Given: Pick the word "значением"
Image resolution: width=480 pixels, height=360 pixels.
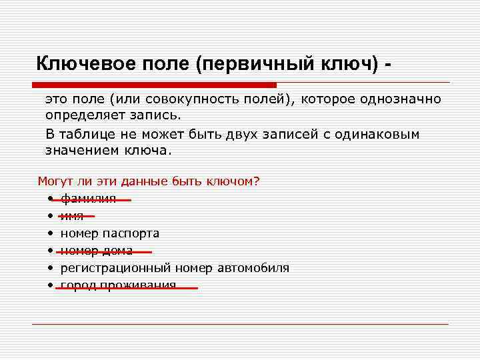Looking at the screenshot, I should [x=81, y=150].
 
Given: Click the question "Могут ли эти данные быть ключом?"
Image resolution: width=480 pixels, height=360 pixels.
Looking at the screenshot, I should [x=148, y=181].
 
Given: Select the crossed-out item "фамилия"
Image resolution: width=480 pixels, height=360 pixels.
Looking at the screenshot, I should [x=88, y=199].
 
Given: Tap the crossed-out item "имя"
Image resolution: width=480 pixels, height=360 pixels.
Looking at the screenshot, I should [x=72, y=216].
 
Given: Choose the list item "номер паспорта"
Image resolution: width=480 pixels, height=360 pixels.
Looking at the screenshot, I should [x=109, y=233].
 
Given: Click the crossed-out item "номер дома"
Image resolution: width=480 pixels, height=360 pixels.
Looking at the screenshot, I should [x=96, y=251].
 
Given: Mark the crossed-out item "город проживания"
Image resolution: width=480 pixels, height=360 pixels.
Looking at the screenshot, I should [x=118, y=285].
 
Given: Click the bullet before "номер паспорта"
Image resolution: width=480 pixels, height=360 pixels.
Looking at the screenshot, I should [x=50, y=234].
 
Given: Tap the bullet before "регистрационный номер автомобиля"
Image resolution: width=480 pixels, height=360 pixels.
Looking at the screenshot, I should [x=50, y=269].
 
